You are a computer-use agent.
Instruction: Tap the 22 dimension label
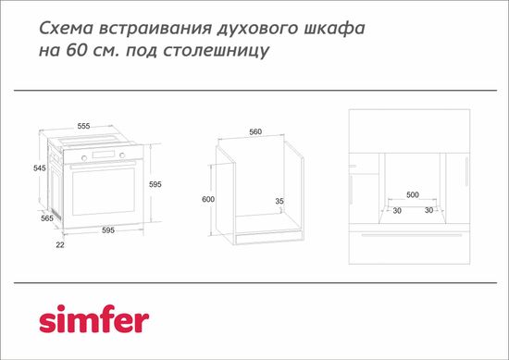pyautogui.click(x=59, y=244)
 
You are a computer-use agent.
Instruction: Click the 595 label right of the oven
pyautogui.click(x=155, y=185)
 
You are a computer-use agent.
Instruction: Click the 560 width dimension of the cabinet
pyautogui.click(x=256, y=131)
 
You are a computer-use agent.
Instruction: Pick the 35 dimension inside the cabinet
pyautogui.click(x=279, y=200)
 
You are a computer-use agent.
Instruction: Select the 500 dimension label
pyautogui.click(x=413, y=194)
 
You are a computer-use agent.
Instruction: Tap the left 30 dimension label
pyautogui.click(x=395, y=210)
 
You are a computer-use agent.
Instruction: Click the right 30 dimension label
pyautogui.click(x=429, y=210)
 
